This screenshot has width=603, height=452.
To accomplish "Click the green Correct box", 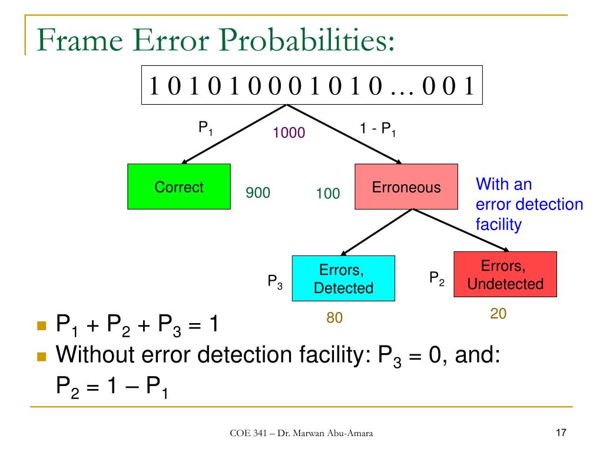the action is [x=178, y=187].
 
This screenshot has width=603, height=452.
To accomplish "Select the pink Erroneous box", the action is [x=406, y=187].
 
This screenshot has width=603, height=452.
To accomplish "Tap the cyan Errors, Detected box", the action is [x=343, y=278].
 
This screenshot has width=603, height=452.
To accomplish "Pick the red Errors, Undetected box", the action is [x=505, y=274].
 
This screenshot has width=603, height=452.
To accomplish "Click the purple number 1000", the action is [x=289, y=134].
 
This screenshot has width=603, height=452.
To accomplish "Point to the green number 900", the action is [x=258, y=192].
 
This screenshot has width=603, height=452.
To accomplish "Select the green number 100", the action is [x=328, y=193].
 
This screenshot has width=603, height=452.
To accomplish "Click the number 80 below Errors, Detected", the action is [x=334, y=318].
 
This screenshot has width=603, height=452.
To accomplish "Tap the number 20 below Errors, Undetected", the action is [x=498, y=314].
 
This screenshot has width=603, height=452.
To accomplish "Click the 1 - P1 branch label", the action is [x=377, y=129].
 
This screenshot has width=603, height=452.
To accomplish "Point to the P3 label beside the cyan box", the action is [x=275, y=282].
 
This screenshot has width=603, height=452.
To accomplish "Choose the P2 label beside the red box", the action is [x=436, y=278].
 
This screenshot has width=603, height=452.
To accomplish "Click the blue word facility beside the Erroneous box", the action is [x=499, y=225].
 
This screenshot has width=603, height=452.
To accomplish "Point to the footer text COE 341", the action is [x=247, y=434].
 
